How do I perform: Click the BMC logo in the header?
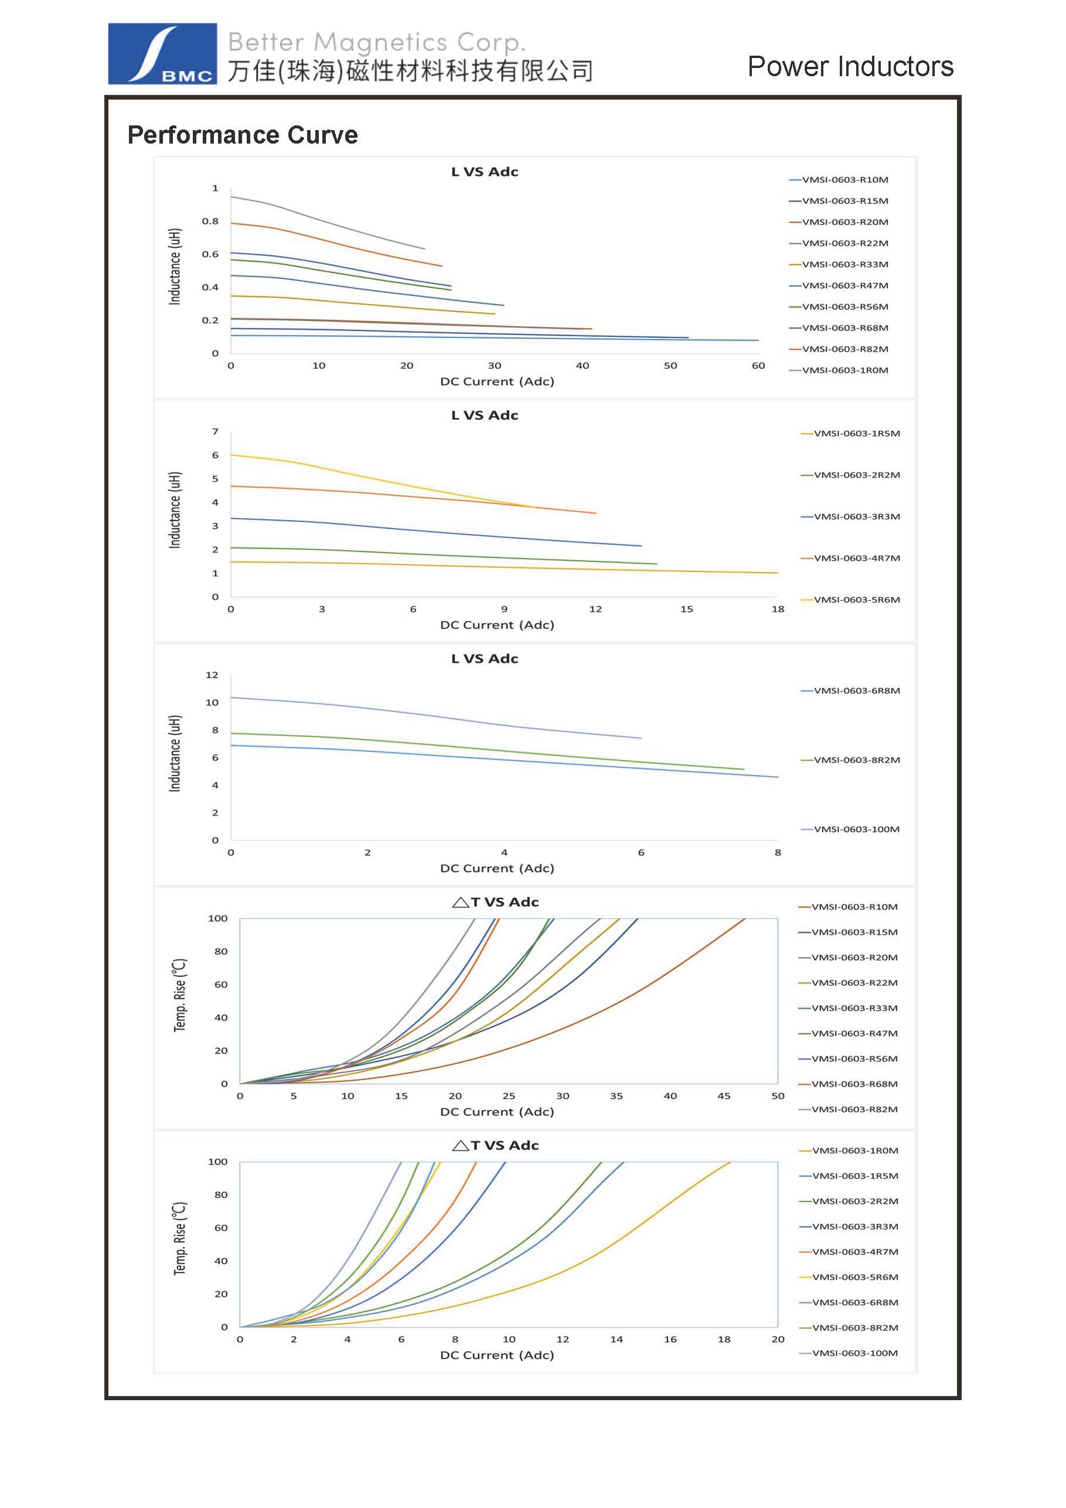162,54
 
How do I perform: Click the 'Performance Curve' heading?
243,135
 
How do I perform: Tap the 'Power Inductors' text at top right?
850,66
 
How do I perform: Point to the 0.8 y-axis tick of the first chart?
210,222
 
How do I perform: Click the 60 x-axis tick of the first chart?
758,366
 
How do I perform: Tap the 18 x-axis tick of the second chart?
778,610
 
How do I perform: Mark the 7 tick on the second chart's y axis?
214,431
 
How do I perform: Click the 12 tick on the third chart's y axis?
212,675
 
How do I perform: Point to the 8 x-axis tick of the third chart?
778,853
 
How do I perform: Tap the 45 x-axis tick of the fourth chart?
724,1096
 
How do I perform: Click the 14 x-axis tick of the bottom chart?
616,1339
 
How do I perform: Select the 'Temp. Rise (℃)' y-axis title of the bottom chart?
179,1239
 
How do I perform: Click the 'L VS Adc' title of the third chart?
485,659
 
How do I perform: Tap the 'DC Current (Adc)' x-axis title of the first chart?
497,382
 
